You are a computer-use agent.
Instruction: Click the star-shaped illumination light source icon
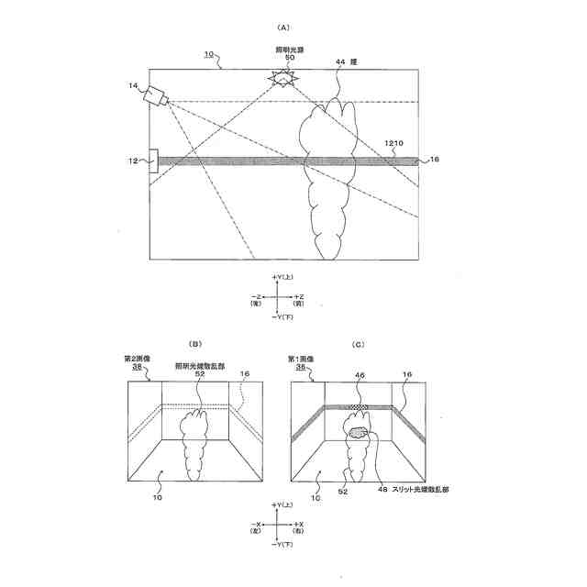pos(282,80)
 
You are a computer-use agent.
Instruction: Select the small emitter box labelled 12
pos(153,161)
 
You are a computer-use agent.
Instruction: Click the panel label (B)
pos(194,343)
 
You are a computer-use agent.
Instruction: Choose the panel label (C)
pos(359,343)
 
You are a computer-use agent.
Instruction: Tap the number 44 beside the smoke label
pos(340,61)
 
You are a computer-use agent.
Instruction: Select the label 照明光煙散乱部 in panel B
pos(199,365)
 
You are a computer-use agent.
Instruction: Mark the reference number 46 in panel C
pos(359,374)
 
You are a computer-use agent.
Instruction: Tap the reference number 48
pos(383,489)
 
